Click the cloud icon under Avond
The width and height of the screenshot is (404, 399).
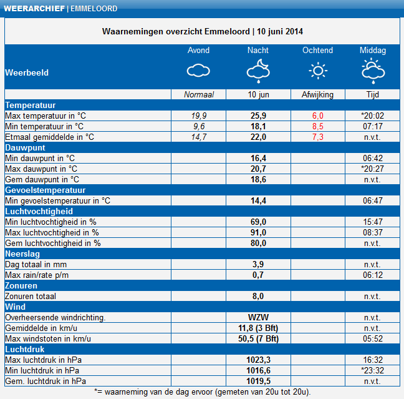(199, 71)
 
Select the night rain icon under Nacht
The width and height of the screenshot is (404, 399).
(258, 71)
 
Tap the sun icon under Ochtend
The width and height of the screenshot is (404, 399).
(318, 71)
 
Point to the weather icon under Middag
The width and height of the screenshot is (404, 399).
(373, 71)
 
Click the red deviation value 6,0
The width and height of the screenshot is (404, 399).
(318, 116)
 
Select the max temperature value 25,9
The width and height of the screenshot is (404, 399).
(258, 116)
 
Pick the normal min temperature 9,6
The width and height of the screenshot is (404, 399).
(199, 126)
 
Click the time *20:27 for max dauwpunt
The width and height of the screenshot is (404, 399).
(373, 169)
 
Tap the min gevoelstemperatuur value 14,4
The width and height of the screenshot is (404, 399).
(258, 200)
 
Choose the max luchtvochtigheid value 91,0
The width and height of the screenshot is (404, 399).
(258, 232)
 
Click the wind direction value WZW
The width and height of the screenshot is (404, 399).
(258, 317)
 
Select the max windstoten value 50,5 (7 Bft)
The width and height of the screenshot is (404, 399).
(258, 338)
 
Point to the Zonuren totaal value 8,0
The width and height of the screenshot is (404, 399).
(258, 296)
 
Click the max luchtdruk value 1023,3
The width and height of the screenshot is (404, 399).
(258, 360)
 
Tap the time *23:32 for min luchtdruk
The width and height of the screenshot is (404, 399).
(373, 370)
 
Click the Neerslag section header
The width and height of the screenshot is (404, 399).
(23, 254)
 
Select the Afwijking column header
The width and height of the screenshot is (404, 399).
(318, 94)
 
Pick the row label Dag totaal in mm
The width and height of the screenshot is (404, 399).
(37, 264)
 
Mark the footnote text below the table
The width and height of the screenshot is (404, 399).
(202, 392)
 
